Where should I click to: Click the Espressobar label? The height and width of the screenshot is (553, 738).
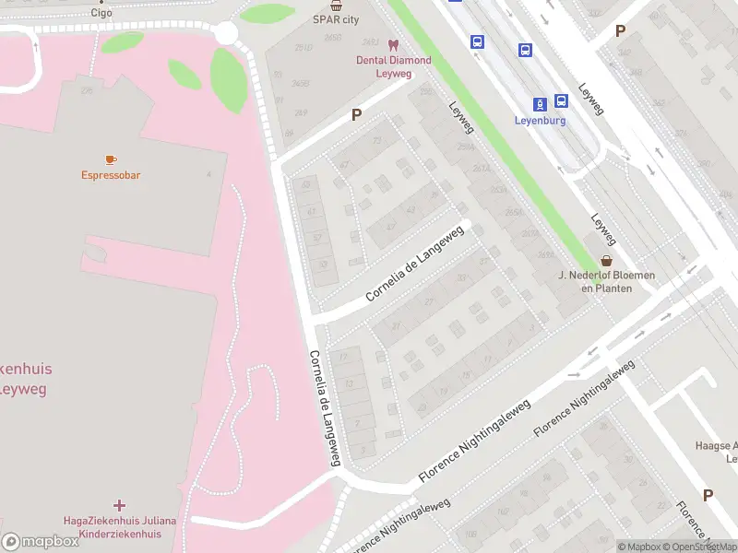[x=111, y=175]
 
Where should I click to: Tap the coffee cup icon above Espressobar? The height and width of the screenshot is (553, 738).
[x=111, y=159]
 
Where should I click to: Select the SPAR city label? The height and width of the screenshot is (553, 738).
[x=336, y=18]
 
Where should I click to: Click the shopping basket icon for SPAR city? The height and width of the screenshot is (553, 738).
[x=337, y=5]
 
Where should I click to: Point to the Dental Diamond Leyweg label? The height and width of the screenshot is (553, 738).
[x=394, y=67]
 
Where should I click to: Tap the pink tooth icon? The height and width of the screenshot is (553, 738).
[x=393, y=45]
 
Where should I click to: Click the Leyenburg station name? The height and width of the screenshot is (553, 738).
[x=541, y=120]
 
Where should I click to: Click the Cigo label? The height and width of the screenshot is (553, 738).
[x=101, y=13]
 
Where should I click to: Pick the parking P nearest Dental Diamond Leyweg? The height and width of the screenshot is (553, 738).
[x=356, y=115]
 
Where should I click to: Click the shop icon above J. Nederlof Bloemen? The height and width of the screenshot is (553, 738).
[x=606, y=261]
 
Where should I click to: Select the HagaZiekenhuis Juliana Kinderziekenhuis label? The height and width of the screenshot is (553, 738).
[x=119, y=527]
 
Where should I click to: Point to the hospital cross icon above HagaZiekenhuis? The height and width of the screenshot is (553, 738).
[x=119, y=505]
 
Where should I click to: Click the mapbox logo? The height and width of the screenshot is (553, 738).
[x=41, y=542]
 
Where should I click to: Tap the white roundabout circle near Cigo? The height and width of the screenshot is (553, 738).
[x=225, y=33]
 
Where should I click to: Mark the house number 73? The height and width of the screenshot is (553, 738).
[x=376, y=140]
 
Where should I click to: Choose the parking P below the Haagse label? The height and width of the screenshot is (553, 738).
[x=708, y=495]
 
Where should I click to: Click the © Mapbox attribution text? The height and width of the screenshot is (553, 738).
[x=638, y=547]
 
